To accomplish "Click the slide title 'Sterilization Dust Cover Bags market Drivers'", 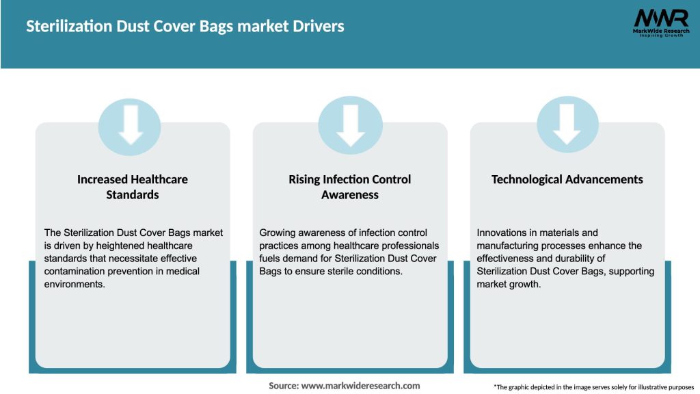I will pyautogui.click(x=185, y=27).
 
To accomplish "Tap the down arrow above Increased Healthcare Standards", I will pyautogui.click(x=131, y=124).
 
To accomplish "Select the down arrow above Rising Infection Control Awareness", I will pyautogui.click(x=350, y=124).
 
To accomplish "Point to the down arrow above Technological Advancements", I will pyautogui.click(x=567, y=124).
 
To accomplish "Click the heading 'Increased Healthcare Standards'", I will pyautogui.click(x=132, y=187).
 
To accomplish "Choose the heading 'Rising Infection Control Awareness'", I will pyautogui.click(x=350, y=187).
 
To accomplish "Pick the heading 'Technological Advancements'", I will pyautogui.click(x=567, y=179).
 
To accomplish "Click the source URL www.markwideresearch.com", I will pyautogui.click(x=360, y=386).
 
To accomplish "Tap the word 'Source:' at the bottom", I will pyautogui.click(x=284, y=386).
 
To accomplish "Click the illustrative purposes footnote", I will pyautogui.click(x=593, y=386).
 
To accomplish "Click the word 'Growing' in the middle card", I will pyautogui.click(x=278, y=233).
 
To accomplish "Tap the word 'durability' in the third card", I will pyautogui.click(x=593, y=259).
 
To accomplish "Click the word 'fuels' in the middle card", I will pyautogui.click(x=271, y=259).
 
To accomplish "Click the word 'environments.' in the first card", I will pyautogui.click(x=75, y=285).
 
